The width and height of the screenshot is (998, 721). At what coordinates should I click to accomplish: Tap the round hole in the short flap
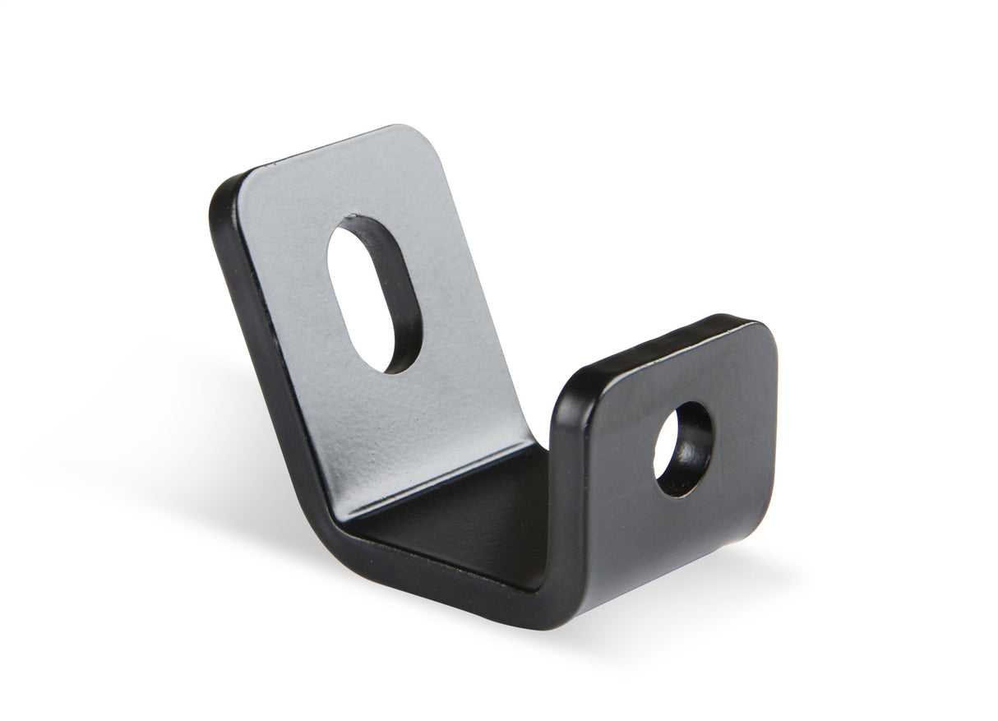coord(685,449)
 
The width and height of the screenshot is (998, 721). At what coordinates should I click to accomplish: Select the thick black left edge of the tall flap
coord(247,312)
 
